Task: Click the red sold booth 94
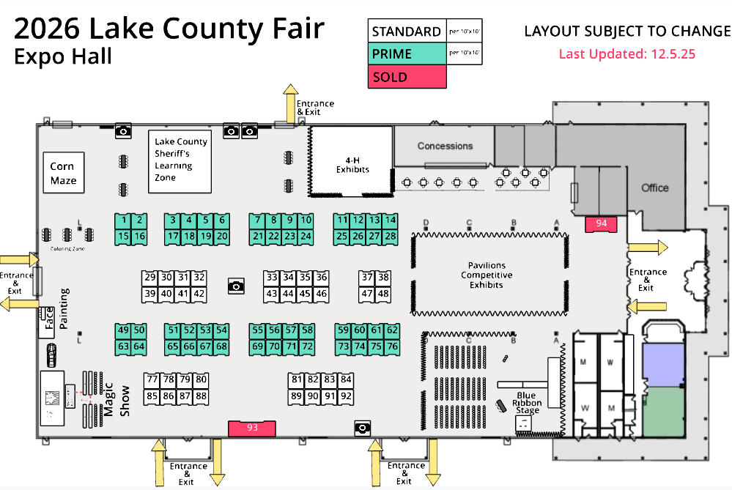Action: pyautogui.click(x=601, y=224)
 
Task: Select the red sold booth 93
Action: pyautogui.click(x=252, y=428)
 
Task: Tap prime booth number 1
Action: pyautogui.click(x=124, y=220)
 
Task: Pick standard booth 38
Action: pyautogui.click(x=383, y=278)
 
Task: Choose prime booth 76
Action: pyautogui.click(x=392, y=346)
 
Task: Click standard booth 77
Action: pyautogui.click(x=152, y=379)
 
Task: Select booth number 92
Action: pyautogui.click(x=347, y=396)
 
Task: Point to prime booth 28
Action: pyautogui.click(x=391, y=236)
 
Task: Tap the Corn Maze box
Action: pyautogui.click(x=63, y=173)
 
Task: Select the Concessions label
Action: pyautogui.click(x=445, y=146)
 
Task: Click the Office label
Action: pyautogui.click(x=654, y=188)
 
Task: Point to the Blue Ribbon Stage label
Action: pyautogui.click(x=527, y=403)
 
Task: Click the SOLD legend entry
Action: pyautogui.click(x=407, y=77)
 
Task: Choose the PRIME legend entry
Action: pyautogui.click(x=407, y=53)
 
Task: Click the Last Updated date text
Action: pyautogui.click(x=626, y=53)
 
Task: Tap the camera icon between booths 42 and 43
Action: pyautogui.click(x=235, y=286)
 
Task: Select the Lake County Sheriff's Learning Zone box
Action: pyautogui.click(x=180, y=161)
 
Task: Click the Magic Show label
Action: pyautogui.click(x=116, y=401)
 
